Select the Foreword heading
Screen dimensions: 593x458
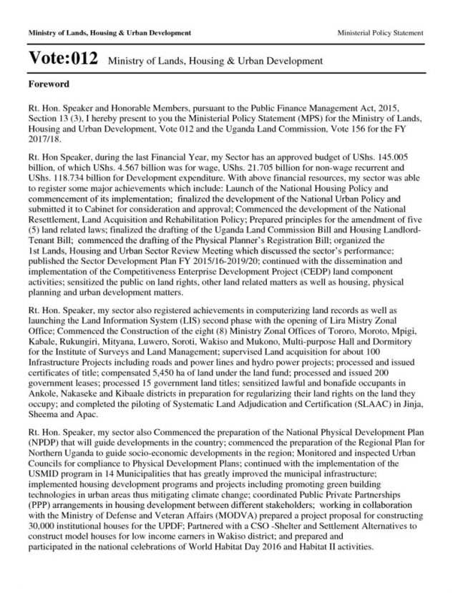pos(49,84)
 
